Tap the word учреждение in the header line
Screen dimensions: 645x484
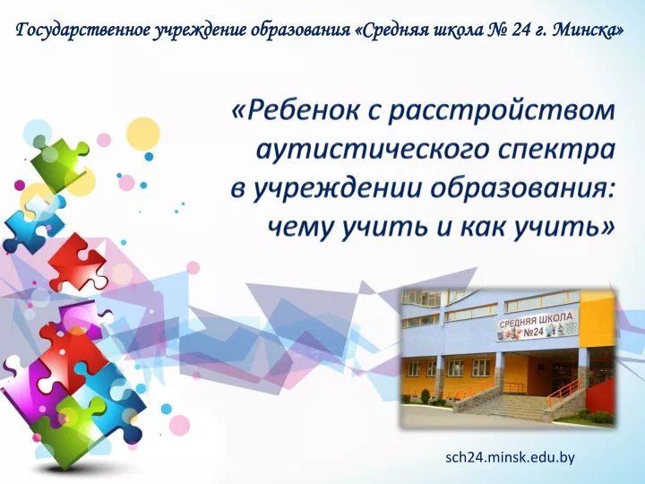197,30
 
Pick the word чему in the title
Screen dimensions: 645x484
299,228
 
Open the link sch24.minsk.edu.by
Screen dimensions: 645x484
510,457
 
